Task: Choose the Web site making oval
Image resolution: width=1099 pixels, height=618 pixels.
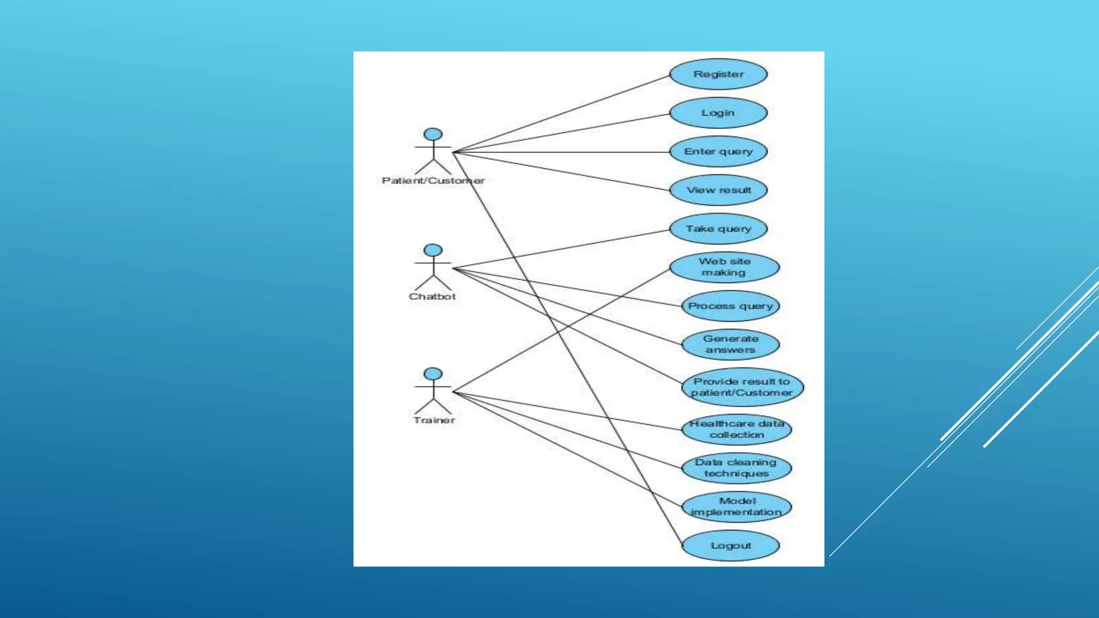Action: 724,267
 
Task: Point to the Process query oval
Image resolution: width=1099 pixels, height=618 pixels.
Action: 730,306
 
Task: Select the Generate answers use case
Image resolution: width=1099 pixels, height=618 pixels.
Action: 730,344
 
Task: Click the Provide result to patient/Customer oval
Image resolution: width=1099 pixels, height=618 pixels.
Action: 742,387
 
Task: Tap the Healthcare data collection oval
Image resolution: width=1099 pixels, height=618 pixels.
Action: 737,429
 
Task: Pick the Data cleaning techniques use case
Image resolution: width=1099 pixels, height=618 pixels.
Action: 736,468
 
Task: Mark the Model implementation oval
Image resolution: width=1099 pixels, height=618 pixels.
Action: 736,507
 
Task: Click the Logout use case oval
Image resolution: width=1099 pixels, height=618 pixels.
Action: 730,546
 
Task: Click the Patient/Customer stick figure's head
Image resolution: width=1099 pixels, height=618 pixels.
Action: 433,135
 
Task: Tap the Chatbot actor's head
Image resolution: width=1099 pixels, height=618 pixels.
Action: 433,251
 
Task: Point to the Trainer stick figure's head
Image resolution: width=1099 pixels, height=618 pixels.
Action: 433,374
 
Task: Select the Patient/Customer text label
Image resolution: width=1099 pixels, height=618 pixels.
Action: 433,181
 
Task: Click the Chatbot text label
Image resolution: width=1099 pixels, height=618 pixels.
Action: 433,297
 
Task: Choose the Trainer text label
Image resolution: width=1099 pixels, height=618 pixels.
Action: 434,420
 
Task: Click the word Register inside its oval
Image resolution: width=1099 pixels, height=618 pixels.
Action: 718,74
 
